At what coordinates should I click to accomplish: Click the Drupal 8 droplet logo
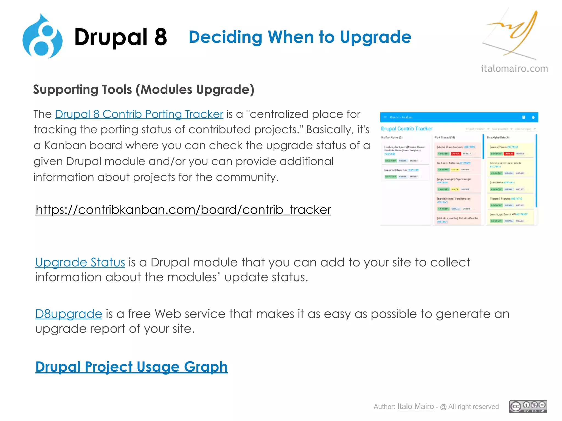pos(43,37)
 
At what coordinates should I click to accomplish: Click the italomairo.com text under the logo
pos(514,68)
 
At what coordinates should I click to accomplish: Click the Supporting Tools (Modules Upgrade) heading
pos(144,89)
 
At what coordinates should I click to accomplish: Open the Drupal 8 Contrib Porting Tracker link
pos(139,114)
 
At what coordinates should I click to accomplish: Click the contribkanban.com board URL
pos(183,210)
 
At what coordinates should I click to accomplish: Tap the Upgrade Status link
pos(80,262)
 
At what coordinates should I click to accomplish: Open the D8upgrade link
pos(69,314)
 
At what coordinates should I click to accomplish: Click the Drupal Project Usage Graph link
pos(131,367)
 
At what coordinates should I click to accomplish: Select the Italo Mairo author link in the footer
pos(415,406)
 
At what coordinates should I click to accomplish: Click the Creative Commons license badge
pos(528,406)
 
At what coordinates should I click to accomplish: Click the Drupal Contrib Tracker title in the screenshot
pos(406,129)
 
